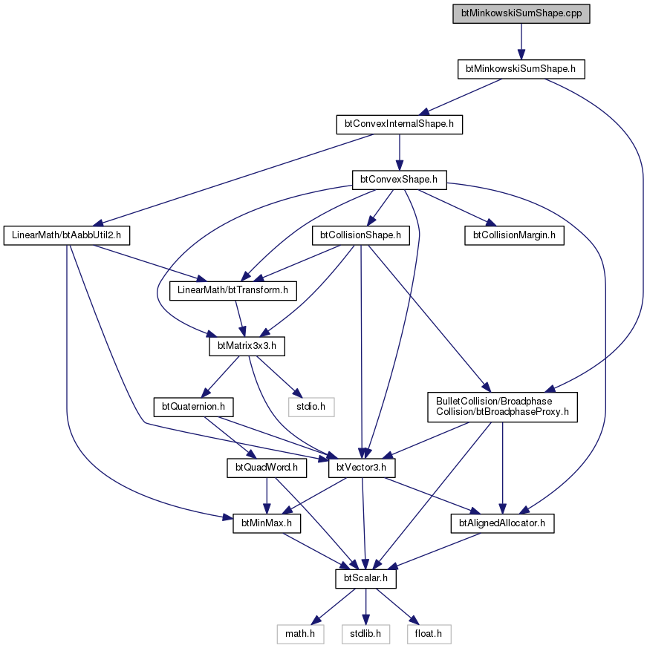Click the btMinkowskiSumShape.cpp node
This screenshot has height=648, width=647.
521,13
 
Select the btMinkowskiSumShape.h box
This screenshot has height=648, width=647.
521,69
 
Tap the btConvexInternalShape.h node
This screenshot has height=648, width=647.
399,125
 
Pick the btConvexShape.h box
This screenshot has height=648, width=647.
399,180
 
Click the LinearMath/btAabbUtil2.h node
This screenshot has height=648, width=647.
67,235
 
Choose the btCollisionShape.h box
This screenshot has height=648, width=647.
361,235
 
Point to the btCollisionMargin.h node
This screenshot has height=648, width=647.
514,235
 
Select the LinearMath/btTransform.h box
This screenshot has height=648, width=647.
233,290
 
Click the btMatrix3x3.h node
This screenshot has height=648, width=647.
247,346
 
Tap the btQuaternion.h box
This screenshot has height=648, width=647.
193,407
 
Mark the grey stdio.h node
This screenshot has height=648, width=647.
311,407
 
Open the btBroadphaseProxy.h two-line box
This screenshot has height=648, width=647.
502,407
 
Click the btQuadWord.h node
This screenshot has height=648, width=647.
267,468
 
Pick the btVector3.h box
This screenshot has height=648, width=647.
362,468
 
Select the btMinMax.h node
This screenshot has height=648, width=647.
267,523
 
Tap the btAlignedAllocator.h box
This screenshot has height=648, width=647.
502,523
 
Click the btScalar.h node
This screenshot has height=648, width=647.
365,578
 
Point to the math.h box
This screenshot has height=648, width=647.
300,634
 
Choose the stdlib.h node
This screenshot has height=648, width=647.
365,634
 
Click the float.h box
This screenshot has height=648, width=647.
429,634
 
